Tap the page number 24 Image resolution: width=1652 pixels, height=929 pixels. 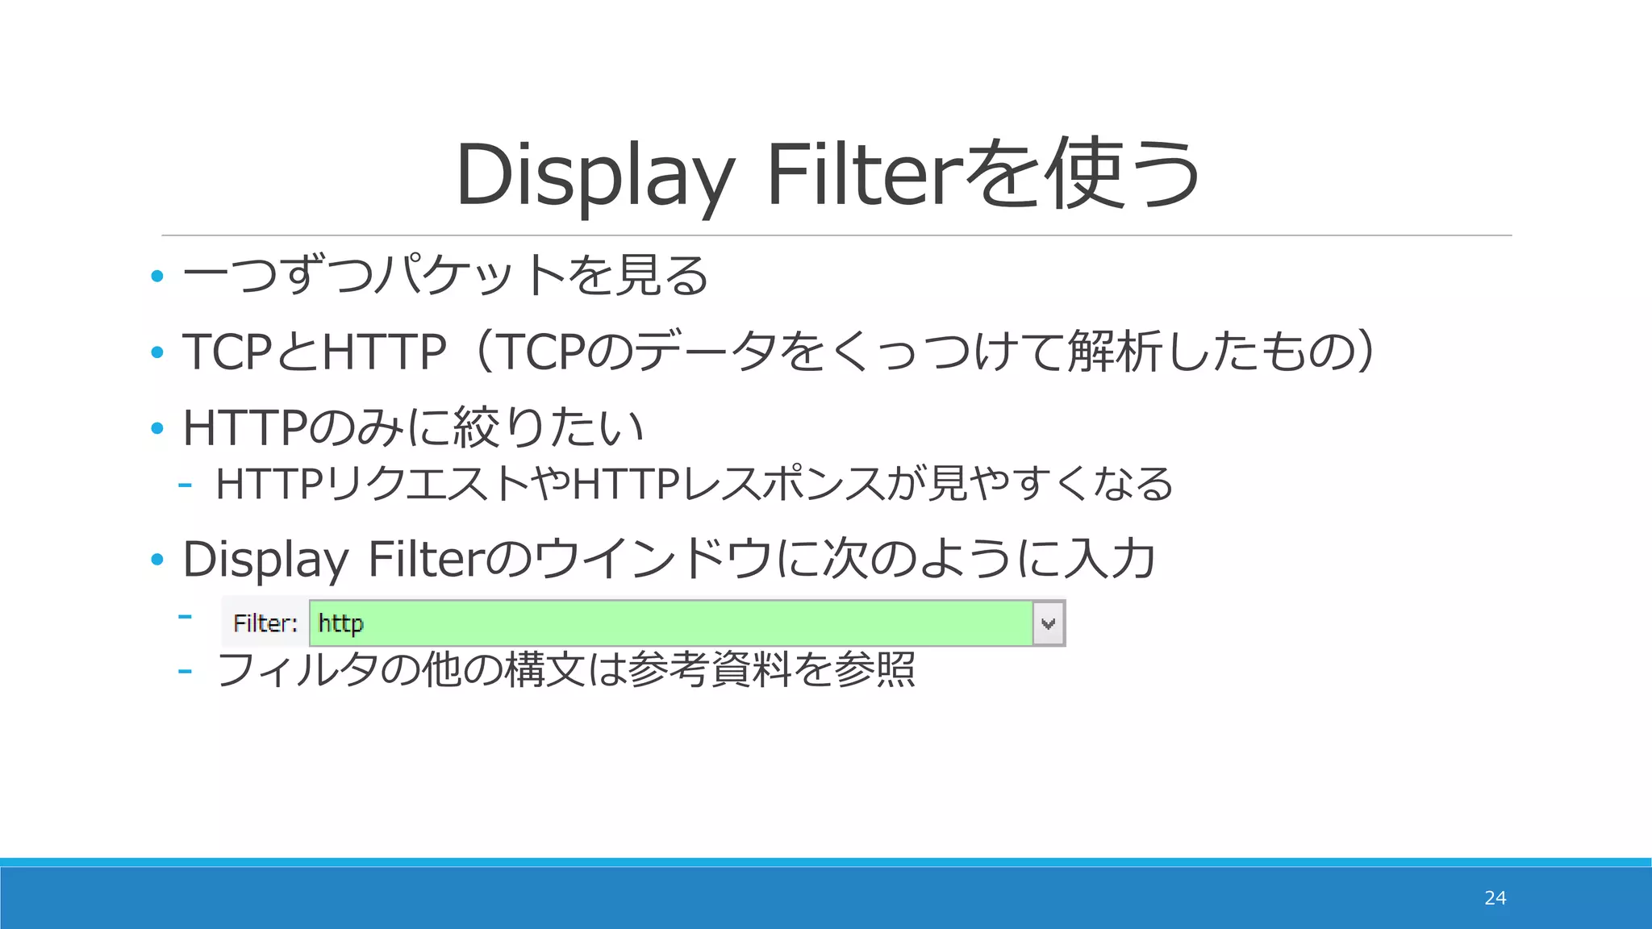(x=1495, y=898)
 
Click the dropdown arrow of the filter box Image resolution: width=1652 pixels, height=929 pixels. (x=1049, y=623)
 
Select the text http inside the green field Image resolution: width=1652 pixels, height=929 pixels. (x=340, y=623)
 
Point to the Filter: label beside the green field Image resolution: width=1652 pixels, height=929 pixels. (x=265, y=623)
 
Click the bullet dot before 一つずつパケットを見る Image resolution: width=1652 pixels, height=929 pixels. (x=157, y=277)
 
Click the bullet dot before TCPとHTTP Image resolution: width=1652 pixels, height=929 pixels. (x=157, y=352)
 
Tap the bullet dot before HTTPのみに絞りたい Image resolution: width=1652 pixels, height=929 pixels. (x=157, y=428)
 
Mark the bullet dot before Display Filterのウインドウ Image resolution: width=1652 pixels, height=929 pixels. (x=157, y=559)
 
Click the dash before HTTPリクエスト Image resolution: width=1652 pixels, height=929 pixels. (x=185, y=485)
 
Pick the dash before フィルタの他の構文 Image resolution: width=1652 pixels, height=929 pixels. (x=185, y=671)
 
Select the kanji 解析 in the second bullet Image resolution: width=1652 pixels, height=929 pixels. (x=1116, y=352)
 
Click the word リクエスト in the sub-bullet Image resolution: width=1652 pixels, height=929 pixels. (x=428, y=484)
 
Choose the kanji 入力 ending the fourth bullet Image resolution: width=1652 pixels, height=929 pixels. (x=1110, y=559)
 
